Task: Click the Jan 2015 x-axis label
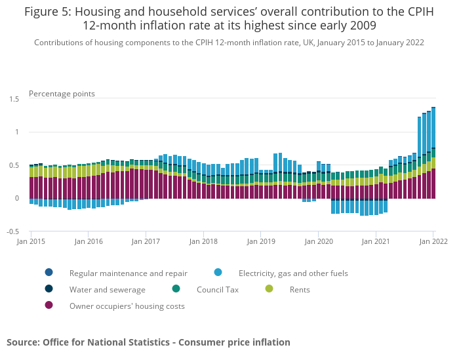pyautogui.click(x=31, y=241)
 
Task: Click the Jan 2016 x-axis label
pyautogui.click(x=90, y=241)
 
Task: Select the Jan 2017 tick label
pyautogui.click(x=146, y=241)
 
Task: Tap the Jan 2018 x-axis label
pyautogui.click(x=203, y=241)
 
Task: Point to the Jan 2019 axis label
pyautogui.click(x=260, y=241)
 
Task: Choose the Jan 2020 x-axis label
pyautogui.click(x=318, y=241)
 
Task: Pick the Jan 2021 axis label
pyautogui.click(x=376, y=241)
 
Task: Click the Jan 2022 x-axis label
pyautogui.click(x=433, y=241)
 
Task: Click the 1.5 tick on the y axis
pyautogui.click(x=14, y=99)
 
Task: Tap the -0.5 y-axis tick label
pyautogui.click(x=12, y=231)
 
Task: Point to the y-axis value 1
pyautogui.click(x=17, y=132)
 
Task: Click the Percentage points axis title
pyautogui.click(x=62, y=94)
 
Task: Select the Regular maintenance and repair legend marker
pyautogui.click(x=49, y=273)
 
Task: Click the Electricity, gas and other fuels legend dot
pyautogui.click(x=218, y=273)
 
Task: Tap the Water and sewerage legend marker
pyautogui.click(x=49, y=289)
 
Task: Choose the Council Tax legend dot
pyautogui.click(x=176, y=289)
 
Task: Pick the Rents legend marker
pyautogui.click(x=269, y=289)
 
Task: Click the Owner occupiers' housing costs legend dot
pyautogui.click(x=49, y=306)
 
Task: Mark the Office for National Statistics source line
pyautogui.click(x=148, y=342)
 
